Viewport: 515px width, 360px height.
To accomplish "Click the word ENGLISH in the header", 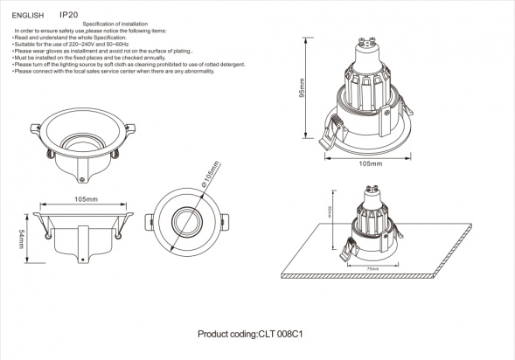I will [28, 16].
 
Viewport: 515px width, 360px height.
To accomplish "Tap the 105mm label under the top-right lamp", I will [371, 163].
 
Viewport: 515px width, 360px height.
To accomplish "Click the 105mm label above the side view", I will [85, 200].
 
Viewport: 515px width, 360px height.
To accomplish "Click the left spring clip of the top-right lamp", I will [328, 134].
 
